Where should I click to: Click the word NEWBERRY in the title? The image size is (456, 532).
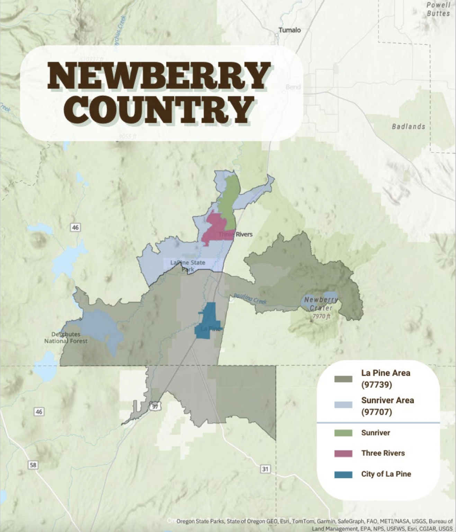tap(159, 76)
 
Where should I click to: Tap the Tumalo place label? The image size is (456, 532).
tap(289, 30)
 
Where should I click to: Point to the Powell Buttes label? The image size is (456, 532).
tap(438, 9)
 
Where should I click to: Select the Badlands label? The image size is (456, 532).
tap(408, 126)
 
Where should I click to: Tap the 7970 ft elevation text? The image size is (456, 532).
tap(321, 316)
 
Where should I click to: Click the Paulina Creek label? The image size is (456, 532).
tap(250, 298)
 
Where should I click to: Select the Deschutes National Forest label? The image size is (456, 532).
tap(66, 338)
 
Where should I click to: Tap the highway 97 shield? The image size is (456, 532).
tap(155, 406)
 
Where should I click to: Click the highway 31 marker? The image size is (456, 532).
tap(265, 469)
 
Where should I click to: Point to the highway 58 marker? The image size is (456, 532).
tap(33, 465)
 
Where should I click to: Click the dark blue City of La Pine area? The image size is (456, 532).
tap(208, 320)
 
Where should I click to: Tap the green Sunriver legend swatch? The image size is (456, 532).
tap(343, 433)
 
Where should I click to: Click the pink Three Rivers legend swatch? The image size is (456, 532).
tap(343, 453)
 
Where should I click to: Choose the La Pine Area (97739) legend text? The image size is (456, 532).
tap(385, 379)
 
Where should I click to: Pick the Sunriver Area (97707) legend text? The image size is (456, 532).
tap(387, 406)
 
